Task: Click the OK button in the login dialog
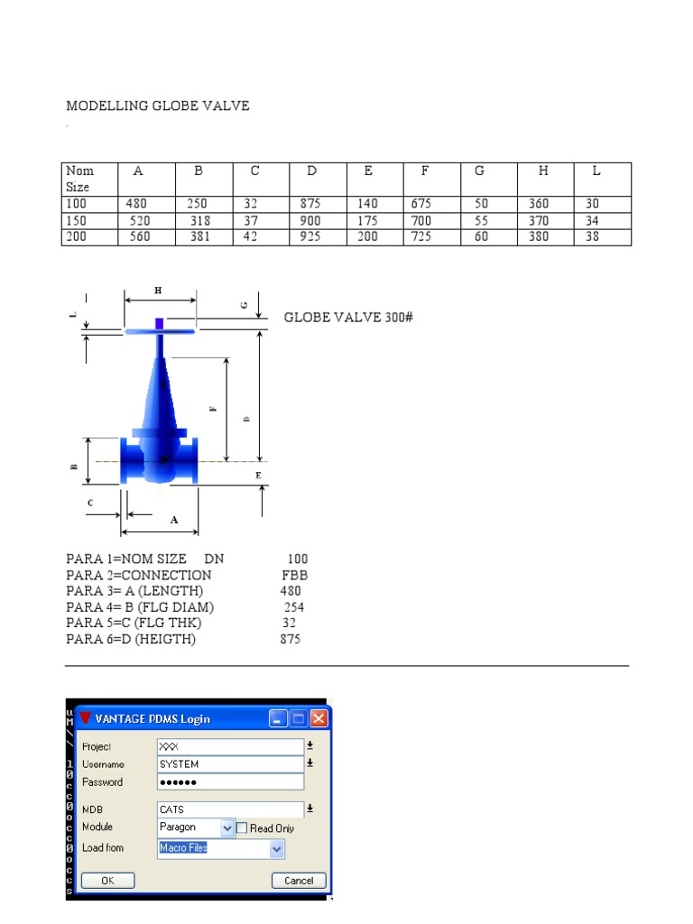(107, 881)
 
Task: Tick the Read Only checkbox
(242, 827)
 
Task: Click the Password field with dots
(230, 781)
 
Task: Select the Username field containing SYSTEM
(230, 764)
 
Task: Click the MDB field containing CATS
(230, 809)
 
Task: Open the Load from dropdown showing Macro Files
(276, 849)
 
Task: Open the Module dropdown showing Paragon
(227, 827)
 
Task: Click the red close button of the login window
(319, 718)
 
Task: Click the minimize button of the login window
(278, 718)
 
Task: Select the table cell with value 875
(310, 204)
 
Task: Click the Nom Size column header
(88, 179)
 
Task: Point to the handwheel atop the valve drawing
(160, 331)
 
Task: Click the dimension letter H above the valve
(159, 291)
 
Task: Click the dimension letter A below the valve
(174, 520)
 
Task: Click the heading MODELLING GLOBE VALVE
(158, 106)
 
